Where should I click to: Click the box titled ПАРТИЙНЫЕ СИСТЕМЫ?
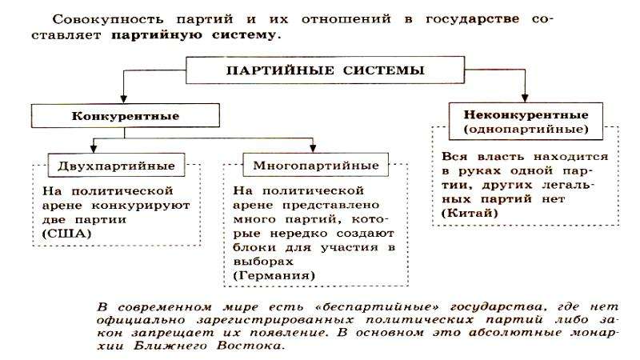click(x=325, y=70)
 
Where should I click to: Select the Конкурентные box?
click(x=126, y=115)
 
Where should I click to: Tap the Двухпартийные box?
click(x=116, y=166)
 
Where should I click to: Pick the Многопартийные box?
click(x=315, y=165)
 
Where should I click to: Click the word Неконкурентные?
click(x=526, y=114)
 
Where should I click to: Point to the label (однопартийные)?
click(x=526, y=130)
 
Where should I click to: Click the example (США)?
click(x=66, y=234)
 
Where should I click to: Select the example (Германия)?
click(x=274, y=275)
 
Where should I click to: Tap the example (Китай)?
click(x=470, y=213)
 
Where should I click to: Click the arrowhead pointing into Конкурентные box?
click(x=124, y=99)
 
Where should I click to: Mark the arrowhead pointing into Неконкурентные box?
click(x=525, y=98)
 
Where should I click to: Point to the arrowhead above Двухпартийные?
click(x=94, y=149)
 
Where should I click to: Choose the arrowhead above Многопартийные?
click(x=313, y=149)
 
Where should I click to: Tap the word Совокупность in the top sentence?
click(x=108, y=19)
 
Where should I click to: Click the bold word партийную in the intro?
click(x=156, y=35)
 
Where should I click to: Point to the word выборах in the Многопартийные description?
click(x=263, y=262)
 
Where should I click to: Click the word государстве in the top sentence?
click(x=473, y=19)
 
